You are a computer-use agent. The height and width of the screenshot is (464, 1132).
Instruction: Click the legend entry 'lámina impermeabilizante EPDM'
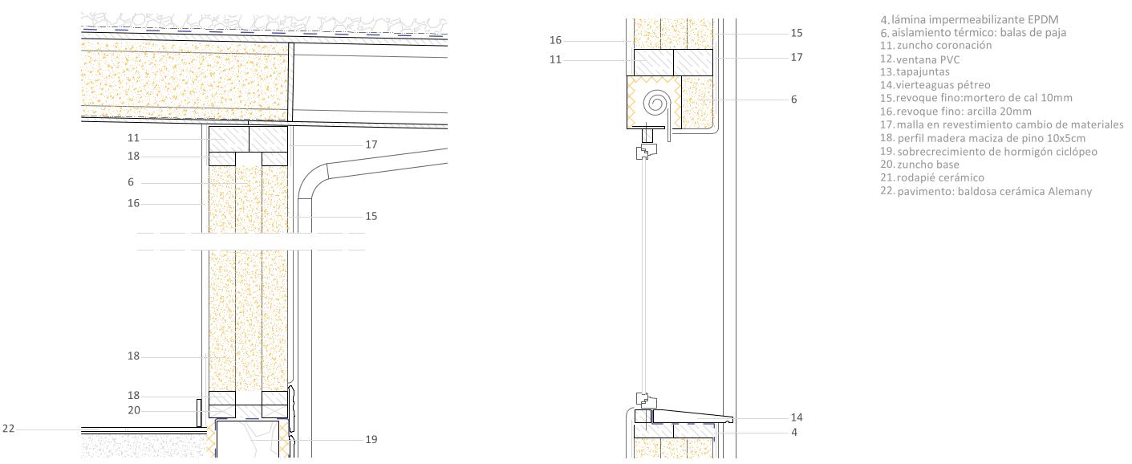975,20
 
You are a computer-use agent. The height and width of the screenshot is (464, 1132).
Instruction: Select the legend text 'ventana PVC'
928,59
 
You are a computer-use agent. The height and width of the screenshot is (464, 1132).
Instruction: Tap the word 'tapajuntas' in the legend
923,72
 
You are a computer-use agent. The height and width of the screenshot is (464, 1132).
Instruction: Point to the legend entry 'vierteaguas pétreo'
943,85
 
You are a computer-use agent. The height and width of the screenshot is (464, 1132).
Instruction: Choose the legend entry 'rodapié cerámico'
940,178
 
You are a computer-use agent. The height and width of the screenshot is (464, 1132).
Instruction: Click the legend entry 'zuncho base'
928,165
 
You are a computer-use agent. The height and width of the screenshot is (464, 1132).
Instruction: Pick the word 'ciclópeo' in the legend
1077,152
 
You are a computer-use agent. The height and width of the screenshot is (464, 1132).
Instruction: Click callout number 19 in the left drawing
371,440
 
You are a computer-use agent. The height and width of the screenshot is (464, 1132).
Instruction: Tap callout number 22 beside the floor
9,429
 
